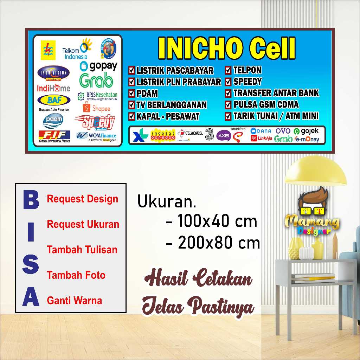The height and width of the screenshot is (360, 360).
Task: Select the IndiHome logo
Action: (x=53, y=88)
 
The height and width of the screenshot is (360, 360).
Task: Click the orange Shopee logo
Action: (x=96, y=108)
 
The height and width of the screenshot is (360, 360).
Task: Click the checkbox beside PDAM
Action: (x=131, y=94)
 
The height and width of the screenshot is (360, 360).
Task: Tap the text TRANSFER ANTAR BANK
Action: (x=276, y=93)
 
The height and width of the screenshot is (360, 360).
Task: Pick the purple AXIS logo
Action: (x=223, y=135)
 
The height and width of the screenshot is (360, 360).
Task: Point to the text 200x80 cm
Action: (x=219, y=243)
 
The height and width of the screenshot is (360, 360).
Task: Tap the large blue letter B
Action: (x=30, y=200)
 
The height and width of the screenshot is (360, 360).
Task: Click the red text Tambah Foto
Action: (x=76, y=275)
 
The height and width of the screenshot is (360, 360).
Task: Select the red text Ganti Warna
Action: (x=75, y=301)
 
